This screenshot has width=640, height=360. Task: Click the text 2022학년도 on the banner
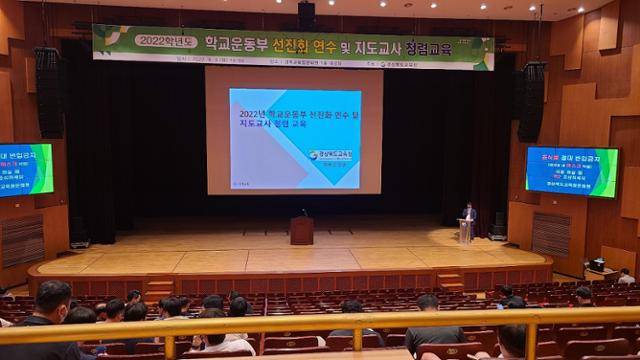click(x=161, y=41)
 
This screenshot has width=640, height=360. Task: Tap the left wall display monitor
click(x=26, y=169)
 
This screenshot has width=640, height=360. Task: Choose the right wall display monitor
click(x=571, y=171)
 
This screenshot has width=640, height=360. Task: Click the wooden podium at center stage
click(x=301, y=230)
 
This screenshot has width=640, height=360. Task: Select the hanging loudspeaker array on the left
click(x=48, y=92)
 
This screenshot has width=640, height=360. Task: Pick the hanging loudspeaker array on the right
click(x=531, y=101)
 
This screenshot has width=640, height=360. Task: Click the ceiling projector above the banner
click(x=306, y=13)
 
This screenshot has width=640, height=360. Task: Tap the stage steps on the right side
click(x=450, y=281)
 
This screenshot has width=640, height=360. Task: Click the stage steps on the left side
click(x=159, y=286)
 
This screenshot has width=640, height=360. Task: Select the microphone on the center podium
click(x=304, y=212)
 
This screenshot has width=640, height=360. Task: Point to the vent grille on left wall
click(x=22, y=240)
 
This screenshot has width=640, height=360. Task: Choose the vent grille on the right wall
click(x=550, y=234)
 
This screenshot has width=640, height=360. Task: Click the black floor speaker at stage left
click(x=79, y=231)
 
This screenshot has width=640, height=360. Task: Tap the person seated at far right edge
click(x=626, y=276)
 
